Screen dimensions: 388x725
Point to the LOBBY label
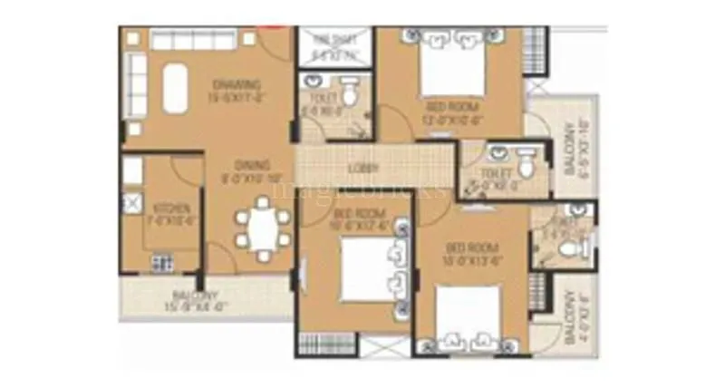[363, 168]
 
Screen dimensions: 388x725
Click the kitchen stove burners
[162, 263]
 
